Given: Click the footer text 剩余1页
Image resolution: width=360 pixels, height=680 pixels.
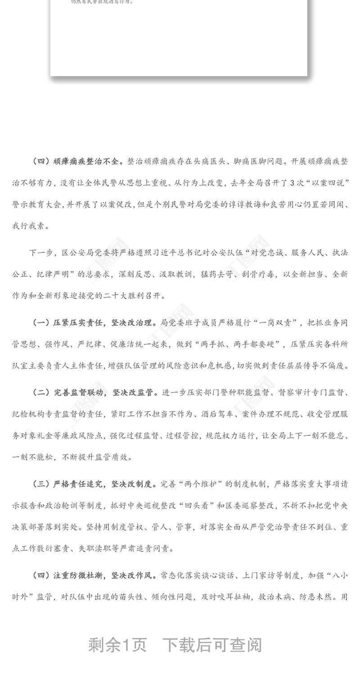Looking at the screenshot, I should click(117, 645).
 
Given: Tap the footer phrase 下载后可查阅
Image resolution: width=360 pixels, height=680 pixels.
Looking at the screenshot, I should click(211, 645).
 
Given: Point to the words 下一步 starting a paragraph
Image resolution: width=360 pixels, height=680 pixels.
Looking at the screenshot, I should click(41, 253).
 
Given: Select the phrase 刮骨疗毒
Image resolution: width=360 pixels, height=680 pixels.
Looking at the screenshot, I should click(257, 274).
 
